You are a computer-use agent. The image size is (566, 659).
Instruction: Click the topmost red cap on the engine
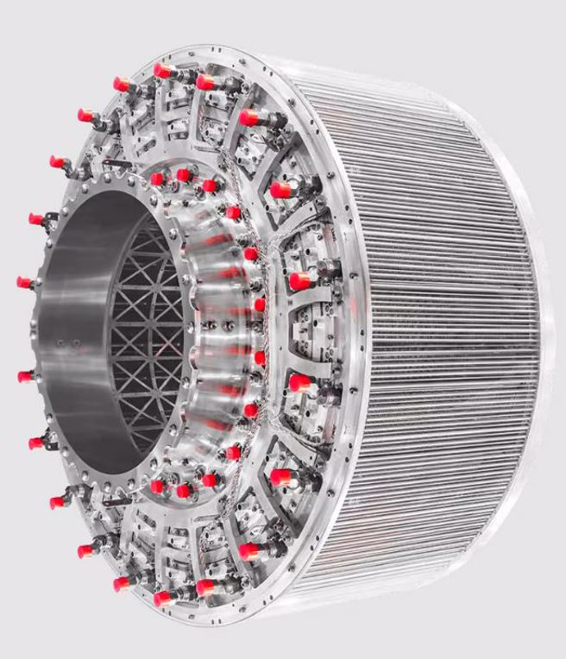[161, 70]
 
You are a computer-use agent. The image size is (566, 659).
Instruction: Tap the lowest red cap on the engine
[161, 598]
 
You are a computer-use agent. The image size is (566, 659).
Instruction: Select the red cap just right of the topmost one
[205, 82]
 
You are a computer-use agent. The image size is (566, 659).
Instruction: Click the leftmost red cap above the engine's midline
[24, 282]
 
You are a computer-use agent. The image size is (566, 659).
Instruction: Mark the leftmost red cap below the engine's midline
[25, 376]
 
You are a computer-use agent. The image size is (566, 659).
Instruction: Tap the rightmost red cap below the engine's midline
[299, 382]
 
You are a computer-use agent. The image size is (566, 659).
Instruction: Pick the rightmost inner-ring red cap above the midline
[259, 304]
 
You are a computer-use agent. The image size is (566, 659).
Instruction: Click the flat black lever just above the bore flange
[116, 164]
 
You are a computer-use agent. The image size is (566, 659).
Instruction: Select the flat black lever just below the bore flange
[116, 500]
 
